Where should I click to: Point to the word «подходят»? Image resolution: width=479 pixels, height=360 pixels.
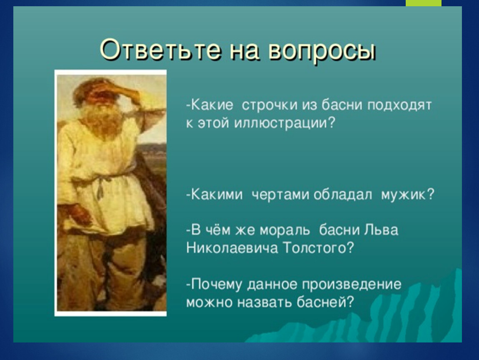[399, 105]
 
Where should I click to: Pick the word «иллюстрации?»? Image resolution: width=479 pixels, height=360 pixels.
[285, 123]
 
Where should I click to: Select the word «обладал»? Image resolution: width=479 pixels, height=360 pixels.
[343, 194]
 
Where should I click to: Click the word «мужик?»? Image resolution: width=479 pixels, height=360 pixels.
[407, 195]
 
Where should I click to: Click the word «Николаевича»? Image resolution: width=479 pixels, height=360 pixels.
[232, 248]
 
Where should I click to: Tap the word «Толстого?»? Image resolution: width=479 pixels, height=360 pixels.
[318, 248]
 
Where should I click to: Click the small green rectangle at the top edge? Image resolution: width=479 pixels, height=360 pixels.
[424, 3]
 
